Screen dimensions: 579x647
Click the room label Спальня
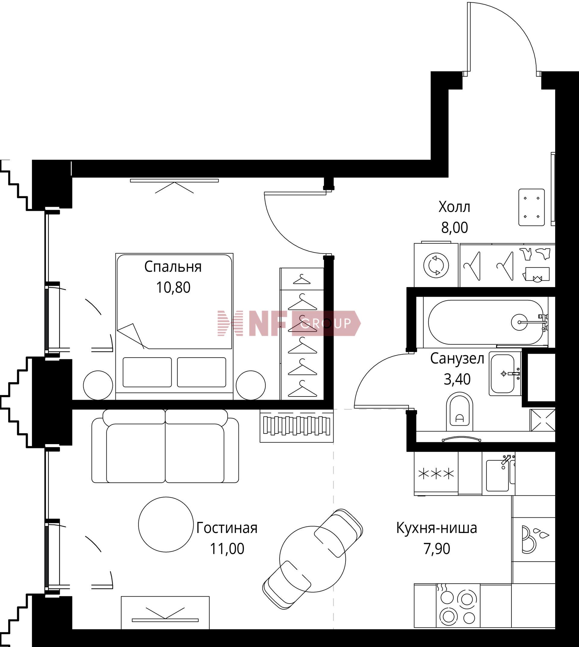coord(173,267)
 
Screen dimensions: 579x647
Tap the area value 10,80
coord(173,287)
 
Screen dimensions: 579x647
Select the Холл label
coord(454,207)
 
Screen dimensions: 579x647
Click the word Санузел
coord(457,359)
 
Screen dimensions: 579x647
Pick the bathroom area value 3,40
coord(457,379)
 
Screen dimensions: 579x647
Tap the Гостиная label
coord(226,528)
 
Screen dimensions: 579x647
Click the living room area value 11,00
coord(227,549)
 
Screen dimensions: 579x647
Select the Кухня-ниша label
coord(436,528)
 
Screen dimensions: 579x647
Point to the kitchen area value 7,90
coord(437,549)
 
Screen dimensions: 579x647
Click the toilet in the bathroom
coord(459,411)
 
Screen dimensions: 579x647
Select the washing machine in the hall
coord(436,265)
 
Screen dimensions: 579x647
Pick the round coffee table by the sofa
coord(166,525)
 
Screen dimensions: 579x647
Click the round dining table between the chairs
coord(312,559)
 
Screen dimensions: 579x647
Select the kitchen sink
coord(498,475)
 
